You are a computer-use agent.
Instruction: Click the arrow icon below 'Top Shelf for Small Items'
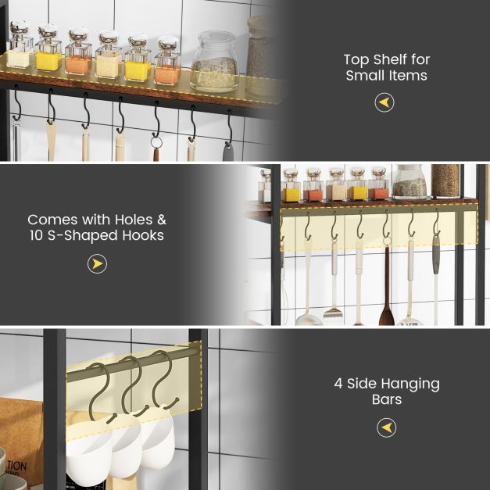pyautogui.click(x=384, y=102)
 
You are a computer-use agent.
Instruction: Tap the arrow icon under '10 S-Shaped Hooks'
pyautogui.click(x=97, y=264)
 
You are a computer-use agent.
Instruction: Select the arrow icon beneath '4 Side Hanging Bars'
pyautogui.click(x=386, y=427)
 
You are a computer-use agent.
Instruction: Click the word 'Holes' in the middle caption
pyautogui.click(x=131, y=220)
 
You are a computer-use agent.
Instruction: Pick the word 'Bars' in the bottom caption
pyautogui.click(x=386, y=399)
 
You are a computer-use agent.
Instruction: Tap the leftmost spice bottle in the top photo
pyautogui.click(x=19, y=46)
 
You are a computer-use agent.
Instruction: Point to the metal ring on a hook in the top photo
pyautogui.click(x=156, y=142)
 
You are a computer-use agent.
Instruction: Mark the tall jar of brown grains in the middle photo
pyautogui.click(x=445, y=181)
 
